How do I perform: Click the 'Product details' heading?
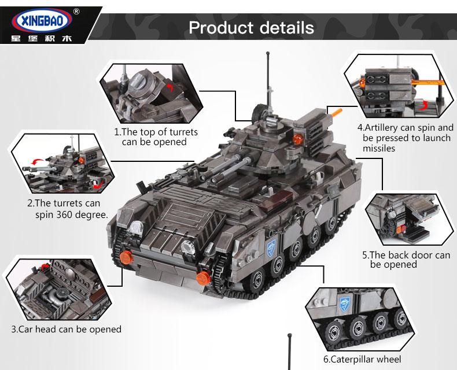[x=252, y=27]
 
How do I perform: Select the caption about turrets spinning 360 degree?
[x=67, y=209]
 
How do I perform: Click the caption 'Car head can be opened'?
[x=67, y=330]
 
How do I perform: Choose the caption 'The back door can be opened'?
[x=405, y=260]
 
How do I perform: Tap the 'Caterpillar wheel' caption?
[x=362, y=359]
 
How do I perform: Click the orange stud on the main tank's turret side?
[x=298, y=138]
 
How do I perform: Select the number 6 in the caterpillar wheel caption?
[x=326, y=359]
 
